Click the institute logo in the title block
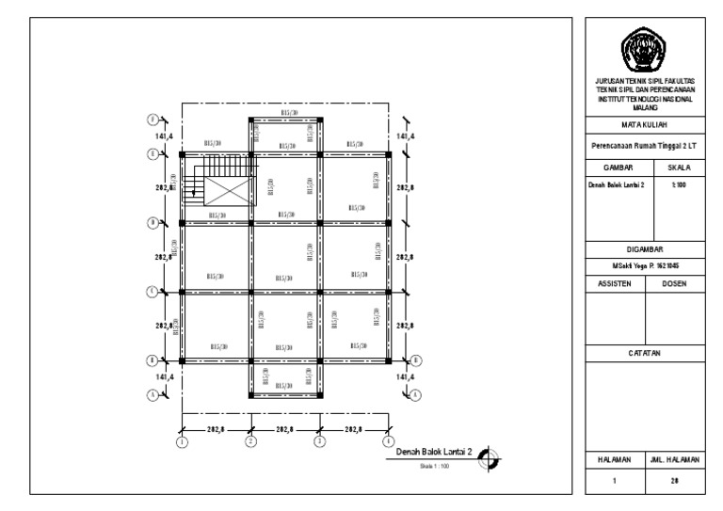tap(645, 48)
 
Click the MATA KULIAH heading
tap(645, 124)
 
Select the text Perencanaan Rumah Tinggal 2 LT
tap(645, 146)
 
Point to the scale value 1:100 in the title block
tap(675, 184)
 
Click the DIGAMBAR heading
tap(645, 249)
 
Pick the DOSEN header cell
tap(675, 280)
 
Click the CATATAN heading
tap(645, 353)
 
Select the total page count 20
tap(675, 480)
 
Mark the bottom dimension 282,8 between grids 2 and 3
tap(285, 428)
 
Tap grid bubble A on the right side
tap(416, 395)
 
